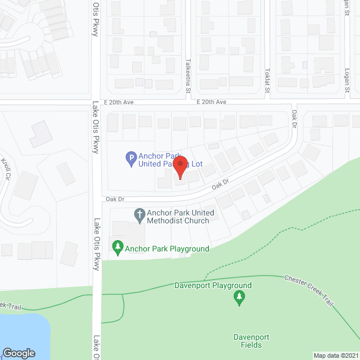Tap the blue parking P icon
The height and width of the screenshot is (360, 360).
point(130,160)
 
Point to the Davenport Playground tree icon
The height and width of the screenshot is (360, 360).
point(240,298)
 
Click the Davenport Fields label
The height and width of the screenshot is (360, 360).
point(251,341)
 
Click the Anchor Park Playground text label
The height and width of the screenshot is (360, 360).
point(167,249)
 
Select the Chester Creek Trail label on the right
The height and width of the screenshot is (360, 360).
point(309,291)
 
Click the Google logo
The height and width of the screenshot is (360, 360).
point(18,353)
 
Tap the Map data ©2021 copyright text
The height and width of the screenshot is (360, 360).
point(336,355)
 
